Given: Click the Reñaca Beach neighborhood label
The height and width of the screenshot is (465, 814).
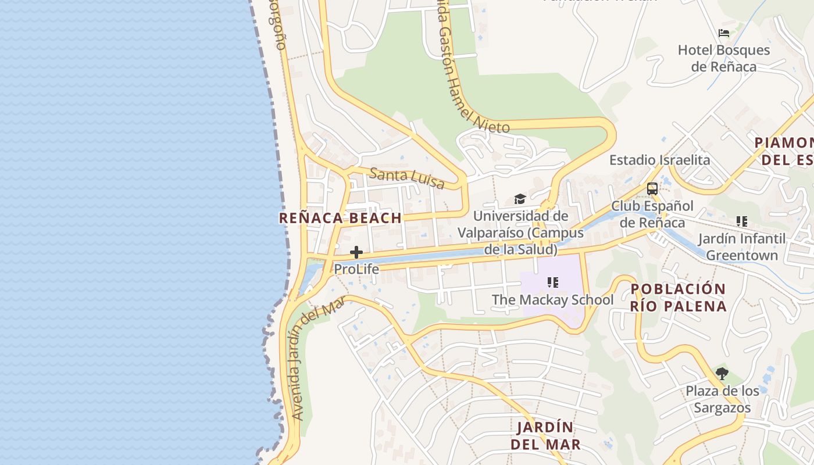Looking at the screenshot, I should (340, 218).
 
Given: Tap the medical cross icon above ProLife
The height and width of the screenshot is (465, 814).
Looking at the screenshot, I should (356, 252).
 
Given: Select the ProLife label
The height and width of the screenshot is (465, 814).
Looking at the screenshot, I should (356, 269).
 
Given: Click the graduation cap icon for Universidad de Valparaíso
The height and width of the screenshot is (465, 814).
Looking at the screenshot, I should (520, 199).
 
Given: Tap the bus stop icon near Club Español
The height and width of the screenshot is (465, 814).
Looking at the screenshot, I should (652, 189).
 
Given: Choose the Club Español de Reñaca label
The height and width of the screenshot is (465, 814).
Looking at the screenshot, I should (652, 214).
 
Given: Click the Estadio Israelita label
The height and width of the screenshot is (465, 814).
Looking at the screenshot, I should (659, 160).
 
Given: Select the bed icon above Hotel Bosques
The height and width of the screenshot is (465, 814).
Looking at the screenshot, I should (724, 33).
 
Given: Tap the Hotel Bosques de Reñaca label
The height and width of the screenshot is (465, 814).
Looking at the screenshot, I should (724, 58).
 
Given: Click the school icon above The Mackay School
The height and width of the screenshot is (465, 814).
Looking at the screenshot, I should (552, 283).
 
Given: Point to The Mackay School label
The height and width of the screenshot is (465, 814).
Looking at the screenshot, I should (552, 300).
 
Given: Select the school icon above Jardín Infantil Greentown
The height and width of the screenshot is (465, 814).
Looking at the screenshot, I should (741, 221).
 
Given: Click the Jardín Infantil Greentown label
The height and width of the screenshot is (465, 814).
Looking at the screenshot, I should (741, 247).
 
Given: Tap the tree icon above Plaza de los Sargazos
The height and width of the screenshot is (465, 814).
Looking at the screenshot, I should (722, 374).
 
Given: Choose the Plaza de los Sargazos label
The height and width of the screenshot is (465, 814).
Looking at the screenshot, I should (722, 399).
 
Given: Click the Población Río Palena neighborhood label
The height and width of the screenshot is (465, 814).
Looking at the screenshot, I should (679, 298).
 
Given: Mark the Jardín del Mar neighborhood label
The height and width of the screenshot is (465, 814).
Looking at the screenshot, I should (545, 436).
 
